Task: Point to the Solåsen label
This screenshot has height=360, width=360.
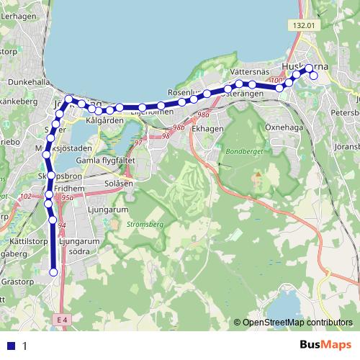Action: (119, 184)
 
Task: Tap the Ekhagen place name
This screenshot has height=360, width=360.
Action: (209, 128)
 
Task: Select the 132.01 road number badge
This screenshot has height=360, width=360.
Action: (304, 25)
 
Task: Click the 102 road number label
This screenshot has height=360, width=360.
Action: (26, 196)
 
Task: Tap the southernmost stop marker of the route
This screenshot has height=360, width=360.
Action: (54, 271)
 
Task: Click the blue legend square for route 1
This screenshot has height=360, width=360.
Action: (11, 346)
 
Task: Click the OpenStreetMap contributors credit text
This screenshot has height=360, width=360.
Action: (297, 323)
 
